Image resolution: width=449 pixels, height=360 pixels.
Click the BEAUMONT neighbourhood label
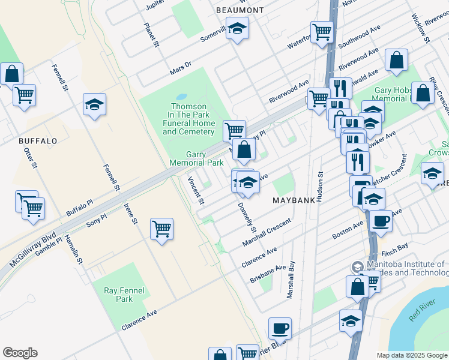click(x=240, y=10)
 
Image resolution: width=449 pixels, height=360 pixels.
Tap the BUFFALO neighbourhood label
click(x=38, y=141)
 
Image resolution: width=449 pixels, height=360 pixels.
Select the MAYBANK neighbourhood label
click(x=294, y=200)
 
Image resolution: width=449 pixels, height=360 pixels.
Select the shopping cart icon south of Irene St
click(x=161, y=229)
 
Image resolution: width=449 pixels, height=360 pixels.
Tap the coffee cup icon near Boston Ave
click(x=380, y=221)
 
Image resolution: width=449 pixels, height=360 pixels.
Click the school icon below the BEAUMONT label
click(x=237, y=28)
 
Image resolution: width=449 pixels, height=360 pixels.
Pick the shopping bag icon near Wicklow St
click(x=397, y=60)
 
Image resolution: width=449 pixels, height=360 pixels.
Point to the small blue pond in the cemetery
click(x=181, y=96)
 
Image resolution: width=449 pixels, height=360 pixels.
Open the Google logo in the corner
click(x=20, y=353)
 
